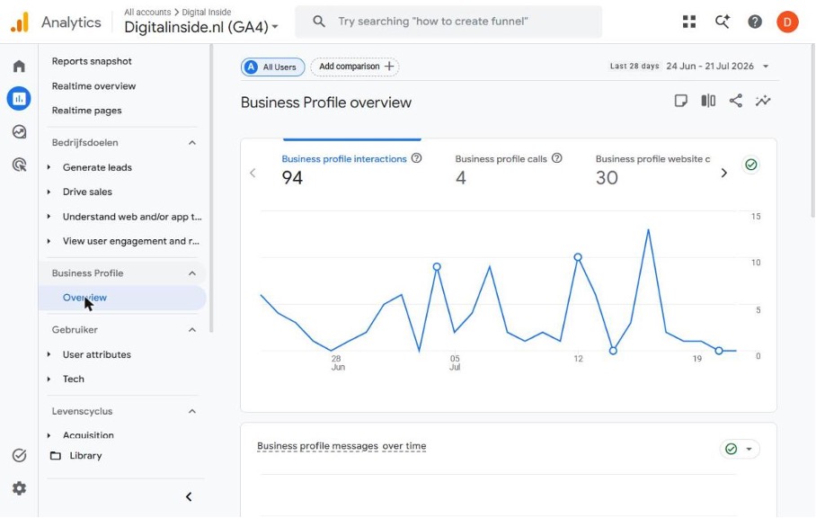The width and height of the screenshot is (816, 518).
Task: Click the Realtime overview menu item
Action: coord(93,86)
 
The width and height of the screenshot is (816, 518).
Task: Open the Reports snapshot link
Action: coord(92,61)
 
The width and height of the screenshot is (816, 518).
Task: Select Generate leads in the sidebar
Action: coord(97,167)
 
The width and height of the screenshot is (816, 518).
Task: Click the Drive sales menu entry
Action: coord(87,192)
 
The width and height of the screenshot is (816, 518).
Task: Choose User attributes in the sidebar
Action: coord(97,354)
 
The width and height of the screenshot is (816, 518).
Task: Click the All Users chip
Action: coord(272,67)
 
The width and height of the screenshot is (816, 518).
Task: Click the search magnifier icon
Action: coord(319,22)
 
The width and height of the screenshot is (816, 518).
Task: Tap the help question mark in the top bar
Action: coord(755,22)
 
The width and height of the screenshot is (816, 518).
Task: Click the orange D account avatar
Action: coord(787,22)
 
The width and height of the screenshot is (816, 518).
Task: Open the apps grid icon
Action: coord(689,22)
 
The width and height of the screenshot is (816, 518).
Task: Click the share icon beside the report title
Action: coord(735,101)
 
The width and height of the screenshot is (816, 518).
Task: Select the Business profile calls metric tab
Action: coord(501,159)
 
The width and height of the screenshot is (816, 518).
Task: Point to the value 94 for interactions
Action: coord(292,177)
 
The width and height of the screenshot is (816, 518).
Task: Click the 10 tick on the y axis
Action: coord(756,263)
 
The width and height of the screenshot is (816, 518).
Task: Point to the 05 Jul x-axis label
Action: coord(455,362)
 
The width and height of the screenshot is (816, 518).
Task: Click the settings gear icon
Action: coord(19,488)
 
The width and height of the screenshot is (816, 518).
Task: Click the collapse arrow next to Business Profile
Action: coord(192,272)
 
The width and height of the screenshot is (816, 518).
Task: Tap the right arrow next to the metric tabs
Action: coord(724,173)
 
